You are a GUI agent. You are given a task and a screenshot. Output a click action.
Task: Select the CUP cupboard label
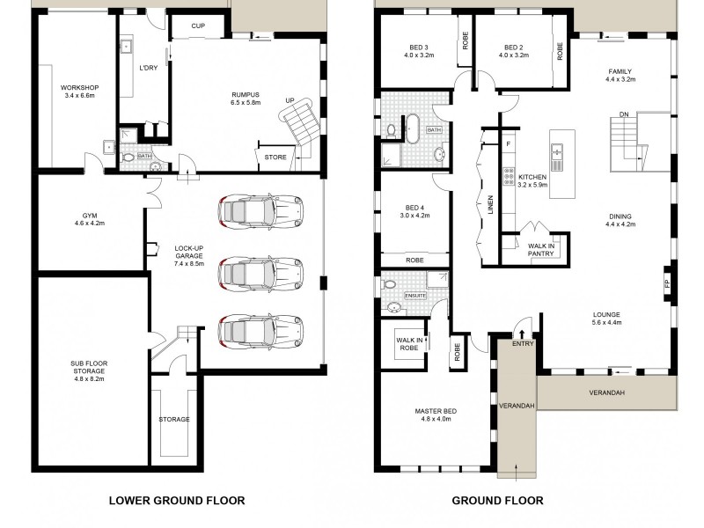click(200, 26)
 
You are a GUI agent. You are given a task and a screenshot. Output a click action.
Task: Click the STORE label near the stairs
click(274, 158)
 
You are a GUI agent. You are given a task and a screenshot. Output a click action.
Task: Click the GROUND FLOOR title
click(497, 501)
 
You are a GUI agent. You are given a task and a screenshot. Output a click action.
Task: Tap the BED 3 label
click(419, 48)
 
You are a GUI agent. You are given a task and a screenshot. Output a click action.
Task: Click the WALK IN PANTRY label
click(539, 250)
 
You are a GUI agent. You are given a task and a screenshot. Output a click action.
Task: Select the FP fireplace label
click(667, 283)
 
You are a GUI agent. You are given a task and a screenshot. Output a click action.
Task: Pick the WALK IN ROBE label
click(409, 344)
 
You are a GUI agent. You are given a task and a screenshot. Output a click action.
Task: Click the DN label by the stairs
click(623, 114)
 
